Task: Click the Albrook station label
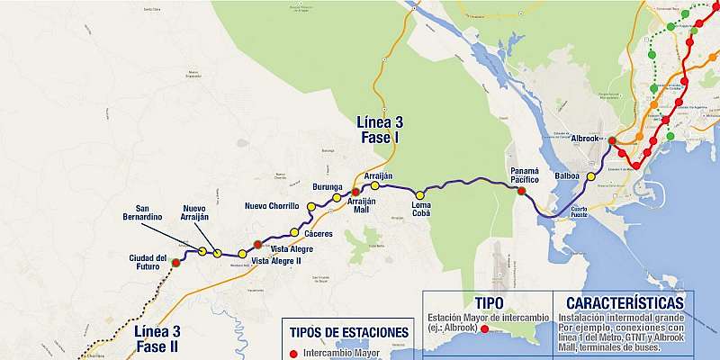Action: [585, 139]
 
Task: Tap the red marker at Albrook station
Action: [612, 141]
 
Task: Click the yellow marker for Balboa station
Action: [591, 176]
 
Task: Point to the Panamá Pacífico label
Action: [524, 175]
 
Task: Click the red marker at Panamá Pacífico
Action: [521, 191]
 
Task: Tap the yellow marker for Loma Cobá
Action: [418, 195]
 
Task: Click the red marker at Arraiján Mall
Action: [355, 192]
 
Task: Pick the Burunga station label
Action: [327, 186]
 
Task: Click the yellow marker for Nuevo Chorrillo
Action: [311, 207]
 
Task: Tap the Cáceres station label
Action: [319, 234]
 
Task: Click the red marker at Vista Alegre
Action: [258, 244]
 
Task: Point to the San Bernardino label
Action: [142, 212]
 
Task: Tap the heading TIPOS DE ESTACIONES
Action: [351, 332]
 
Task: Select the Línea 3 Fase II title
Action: [158, 338]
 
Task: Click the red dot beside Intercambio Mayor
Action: [294, 354]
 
